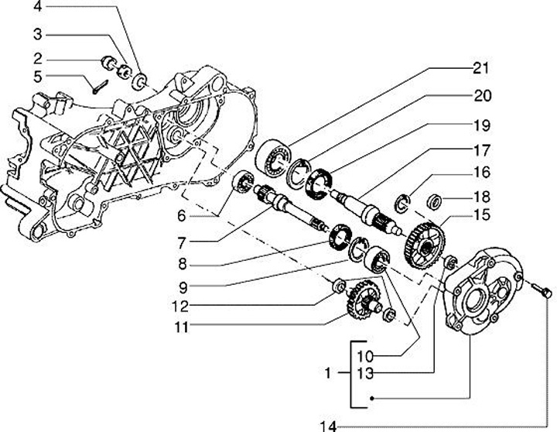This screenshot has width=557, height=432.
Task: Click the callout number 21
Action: tap(480, 68)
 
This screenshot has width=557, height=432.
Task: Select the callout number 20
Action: tap(480, 96)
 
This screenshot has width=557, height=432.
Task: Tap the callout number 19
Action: tap(480, 125)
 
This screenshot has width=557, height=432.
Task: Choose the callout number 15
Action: tap(480, 214)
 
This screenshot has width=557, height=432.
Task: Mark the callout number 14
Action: tap(330, 425)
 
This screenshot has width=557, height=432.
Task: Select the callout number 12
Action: tap(179, 306)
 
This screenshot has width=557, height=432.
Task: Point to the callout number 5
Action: tap(36, 76)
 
